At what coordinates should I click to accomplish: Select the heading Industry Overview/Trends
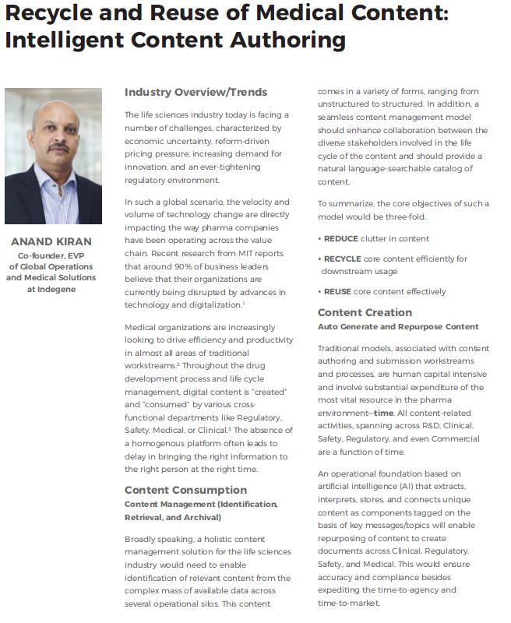point(196,92)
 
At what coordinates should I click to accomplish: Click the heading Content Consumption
point(185,490)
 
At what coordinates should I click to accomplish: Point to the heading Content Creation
point(365,313)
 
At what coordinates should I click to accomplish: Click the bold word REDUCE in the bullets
point(341,238)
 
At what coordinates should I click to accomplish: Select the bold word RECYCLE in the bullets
point(344,258)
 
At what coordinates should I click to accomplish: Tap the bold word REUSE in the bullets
point(339,292)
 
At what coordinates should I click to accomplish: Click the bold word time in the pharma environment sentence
point(384,413)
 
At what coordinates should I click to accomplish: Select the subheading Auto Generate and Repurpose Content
point(398,326)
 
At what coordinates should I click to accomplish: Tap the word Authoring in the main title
point(268,40)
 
